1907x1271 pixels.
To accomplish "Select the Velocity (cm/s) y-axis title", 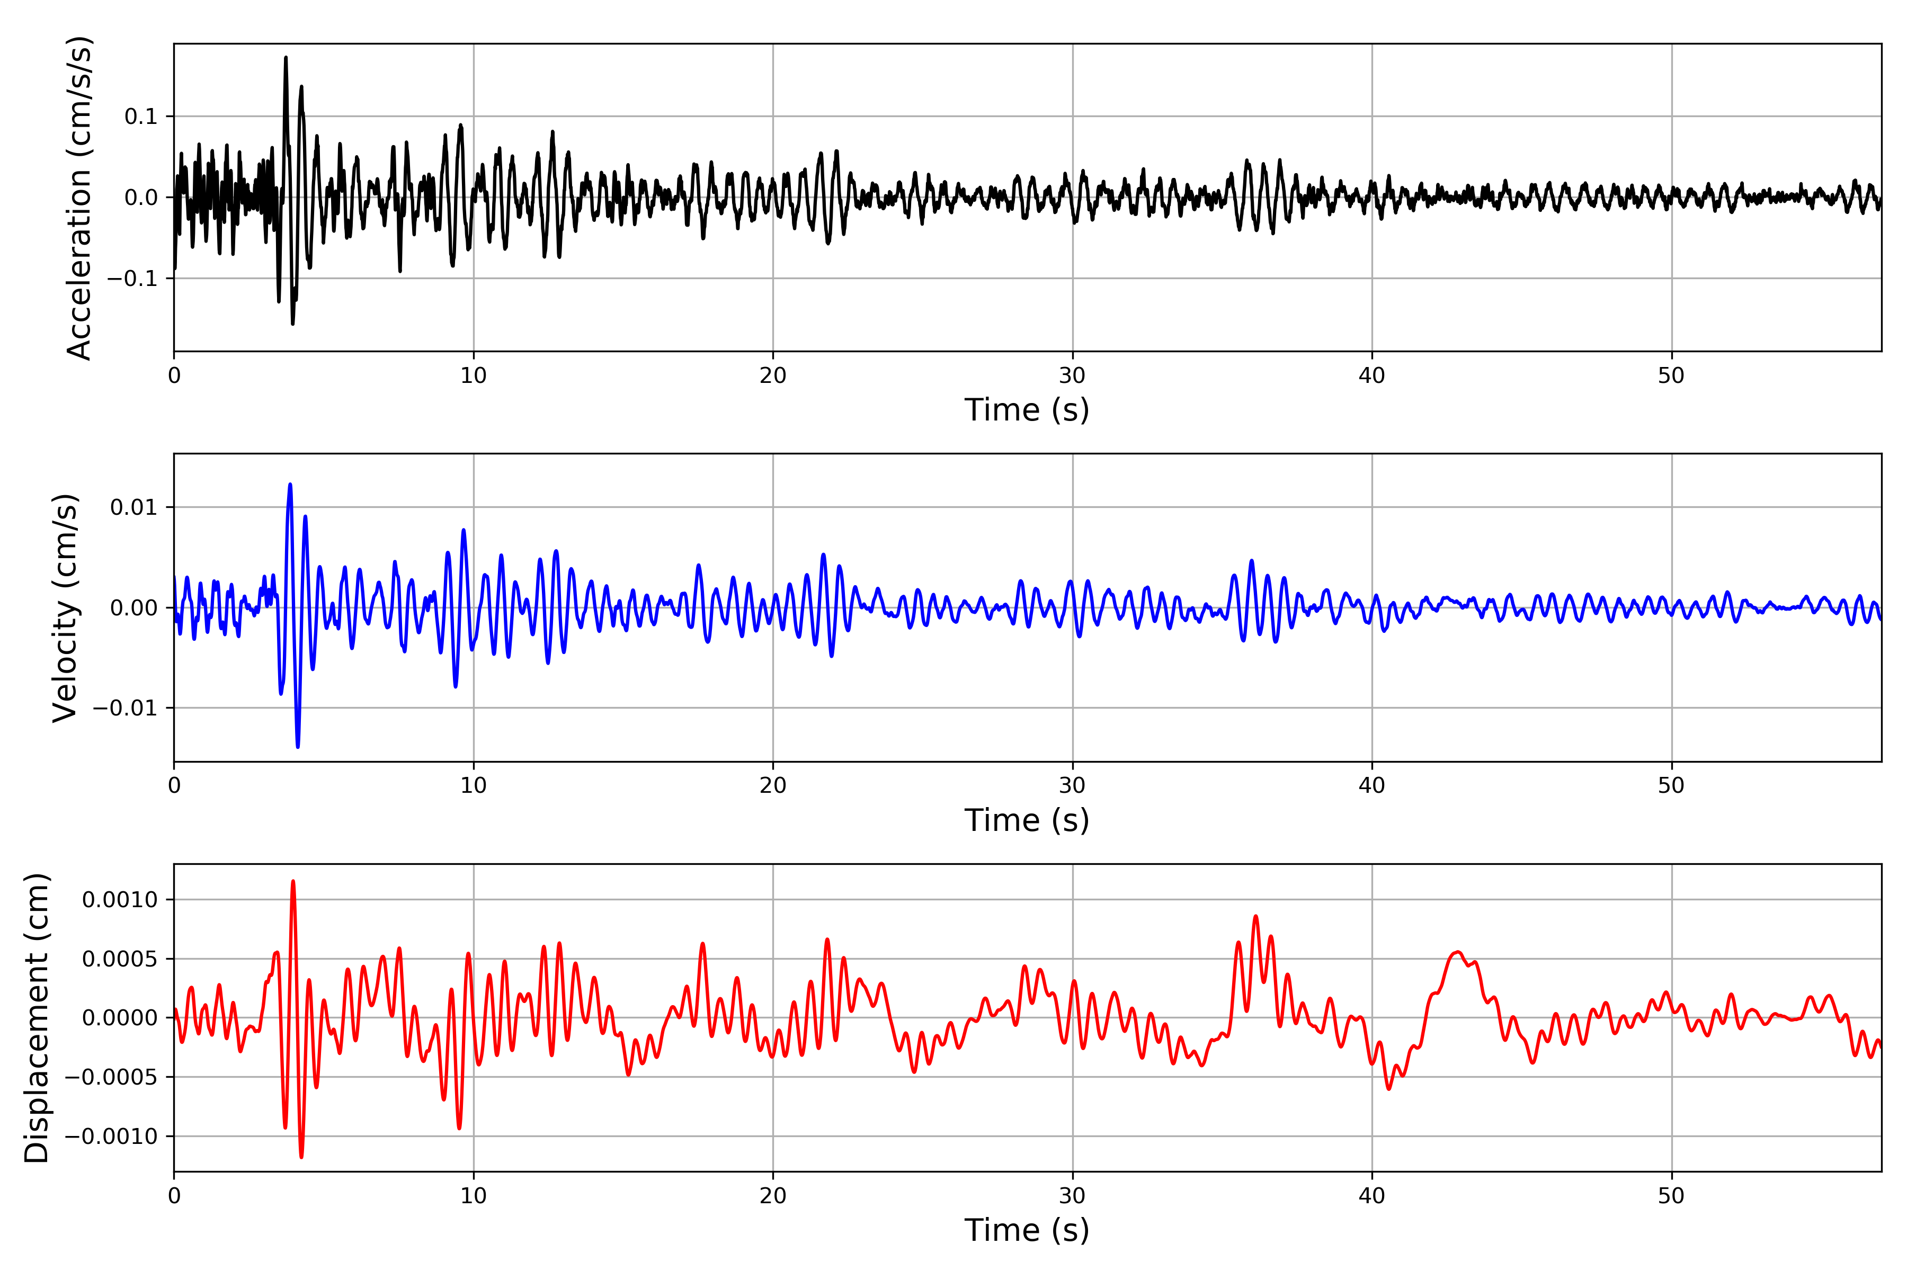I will [65, 608].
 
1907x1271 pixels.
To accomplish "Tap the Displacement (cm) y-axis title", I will [37, 1018].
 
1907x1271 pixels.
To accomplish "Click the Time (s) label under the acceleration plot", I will [1027, 410].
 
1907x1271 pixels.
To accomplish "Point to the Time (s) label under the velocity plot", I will [1027, 820].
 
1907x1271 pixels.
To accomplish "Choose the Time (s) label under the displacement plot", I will [1027, 1230].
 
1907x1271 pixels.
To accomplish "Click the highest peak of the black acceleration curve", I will [286, 58].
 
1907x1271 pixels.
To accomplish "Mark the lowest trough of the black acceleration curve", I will [293, 324].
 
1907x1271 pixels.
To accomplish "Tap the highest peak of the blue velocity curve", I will [290, 485].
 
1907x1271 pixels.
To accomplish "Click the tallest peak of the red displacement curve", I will [293, 881].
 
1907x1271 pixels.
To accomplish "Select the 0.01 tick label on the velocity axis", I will [134, 507].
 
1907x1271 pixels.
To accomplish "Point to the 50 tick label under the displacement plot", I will [1671, 1196].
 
